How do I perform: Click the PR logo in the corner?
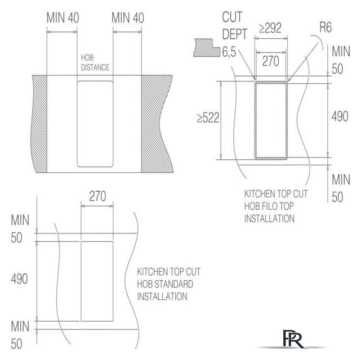pos(292,339)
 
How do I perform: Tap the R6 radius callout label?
pos(326,28)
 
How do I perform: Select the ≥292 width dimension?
pos(270,28)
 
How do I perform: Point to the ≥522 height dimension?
pos(208,118)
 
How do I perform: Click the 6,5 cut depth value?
pos(229,52)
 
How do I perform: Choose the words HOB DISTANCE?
pos(95,62)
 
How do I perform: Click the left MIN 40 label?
pos(63,17)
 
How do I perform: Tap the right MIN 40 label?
pos(128,17)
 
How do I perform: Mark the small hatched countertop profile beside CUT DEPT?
pos(207,48)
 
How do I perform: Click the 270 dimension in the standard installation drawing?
pos(97,196)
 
